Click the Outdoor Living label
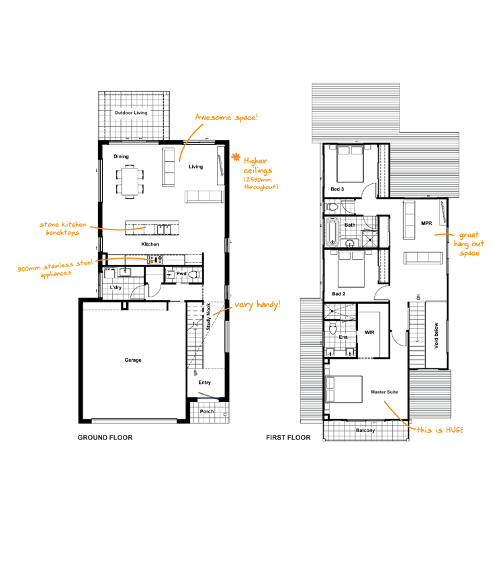pyautogui.click(x=131, y=113)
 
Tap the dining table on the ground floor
pyautogui.click(x=130, y=182)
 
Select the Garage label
pyautogui.click(x=133, y=360)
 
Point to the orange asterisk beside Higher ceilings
pyautogui.click(x=236, y=157)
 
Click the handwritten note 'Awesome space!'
pyautogui.click(x=226, y=117)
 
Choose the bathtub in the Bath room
pyautogui.click(x=332, y=233)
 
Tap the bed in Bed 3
pyautogui.click(x=351, y=164)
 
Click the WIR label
pyautogui.click(x=369, y=332)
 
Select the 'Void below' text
pyautogui.click(x=437, y=336)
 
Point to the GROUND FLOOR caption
pyautogui.click(x=105, y=438)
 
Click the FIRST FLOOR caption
pyautogui.click(x=288, y=438)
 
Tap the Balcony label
pyautogui.click(x=365, y=430)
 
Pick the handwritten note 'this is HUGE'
pyautogui.click(x=440, y=429)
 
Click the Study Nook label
pyautogui.click(x=208, y=317)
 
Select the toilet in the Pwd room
pyautogui.click(x=195, y=275)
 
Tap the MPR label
pyautogui.click(x=426, y=223)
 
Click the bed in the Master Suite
pyautogui.click(x=344, y=389)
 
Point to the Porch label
pyautogui.click(x=207, y=411)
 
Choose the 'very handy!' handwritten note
pyautogui.click(x=257, y=305)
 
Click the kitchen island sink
pyautogui.click(x=164, y=229)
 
